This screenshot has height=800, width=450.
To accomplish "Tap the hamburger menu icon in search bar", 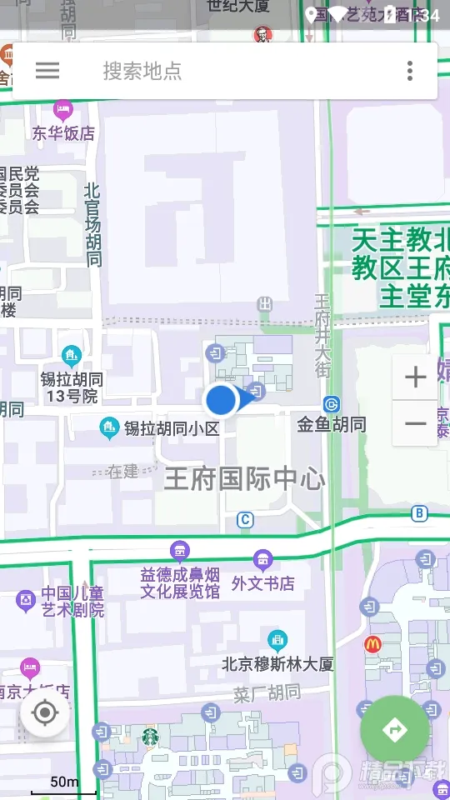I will (47, 71).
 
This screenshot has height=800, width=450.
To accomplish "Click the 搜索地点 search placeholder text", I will (142, 71).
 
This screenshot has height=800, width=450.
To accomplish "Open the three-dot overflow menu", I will (410, 71).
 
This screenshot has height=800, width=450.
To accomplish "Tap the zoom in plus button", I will (415, 377).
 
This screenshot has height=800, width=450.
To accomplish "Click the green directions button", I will (395, 730).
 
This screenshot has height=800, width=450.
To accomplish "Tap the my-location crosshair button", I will (45, 713).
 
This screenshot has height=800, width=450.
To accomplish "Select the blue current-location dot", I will (222, 400).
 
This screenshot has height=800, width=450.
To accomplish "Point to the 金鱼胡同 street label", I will (332, 424).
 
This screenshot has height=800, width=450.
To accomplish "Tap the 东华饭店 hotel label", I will (63, 132).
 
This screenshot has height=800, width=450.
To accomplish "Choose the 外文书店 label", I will (263, 582).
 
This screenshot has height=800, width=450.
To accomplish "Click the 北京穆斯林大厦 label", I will (277, 664).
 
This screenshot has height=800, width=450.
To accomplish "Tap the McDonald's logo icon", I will (372, 643).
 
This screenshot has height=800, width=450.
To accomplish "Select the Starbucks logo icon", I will (150, 737).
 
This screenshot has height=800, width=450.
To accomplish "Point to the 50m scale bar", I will (64, 787).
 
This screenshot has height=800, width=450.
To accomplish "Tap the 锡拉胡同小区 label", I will (171, 428).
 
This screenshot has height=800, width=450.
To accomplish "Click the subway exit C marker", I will (244, 520).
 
